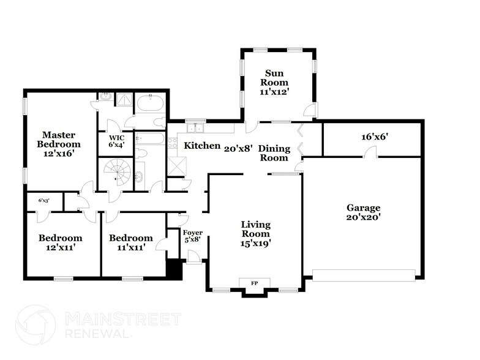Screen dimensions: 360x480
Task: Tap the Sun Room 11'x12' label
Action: (x=275, y=82)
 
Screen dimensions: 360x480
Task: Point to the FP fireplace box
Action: (x=255, y=282)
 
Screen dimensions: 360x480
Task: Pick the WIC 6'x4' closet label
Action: (x=116, y=141)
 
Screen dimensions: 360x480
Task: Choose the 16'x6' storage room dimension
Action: (x=376, y=138)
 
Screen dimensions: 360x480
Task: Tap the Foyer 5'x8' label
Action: (x=193, y=236)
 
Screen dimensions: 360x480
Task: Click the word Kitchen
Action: (x=202, y=146)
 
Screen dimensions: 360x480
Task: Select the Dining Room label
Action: (x=273, y=153)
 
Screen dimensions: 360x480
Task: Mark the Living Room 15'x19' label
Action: (x=255, y=234)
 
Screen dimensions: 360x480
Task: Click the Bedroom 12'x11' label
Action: (x=60, y=243)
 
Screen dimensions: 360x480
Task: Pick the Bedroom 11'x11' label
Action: (x=130, y=243)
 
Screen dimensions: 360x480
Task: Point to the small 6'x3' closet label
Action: (x=44, y=200)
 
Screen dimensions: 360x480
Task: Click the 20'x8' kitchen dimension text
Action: (x=238, y=148)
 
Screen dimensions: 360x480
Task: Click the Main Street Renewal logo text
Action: (x=122, y=324)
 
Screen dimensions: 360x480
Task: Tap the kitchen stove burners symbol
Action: (x=173, y=143)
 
